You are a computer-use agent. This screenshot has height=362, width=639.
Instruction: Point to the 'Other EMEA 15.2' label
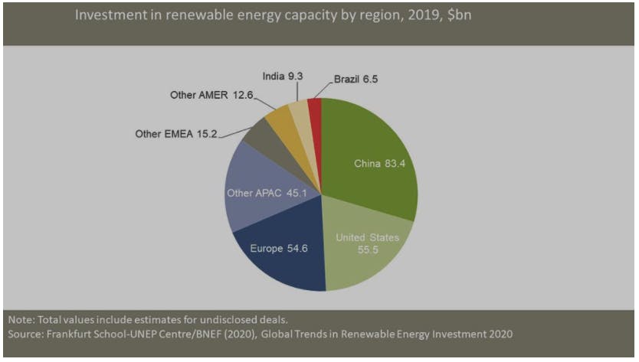click(x=176, y=133)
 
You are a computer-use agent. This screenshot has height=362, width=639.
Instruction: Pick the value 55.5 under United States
click(x=368, y=250)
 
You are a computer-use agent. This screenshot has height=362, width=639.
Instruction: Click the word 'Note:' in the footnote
click(x=21, y=319)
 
